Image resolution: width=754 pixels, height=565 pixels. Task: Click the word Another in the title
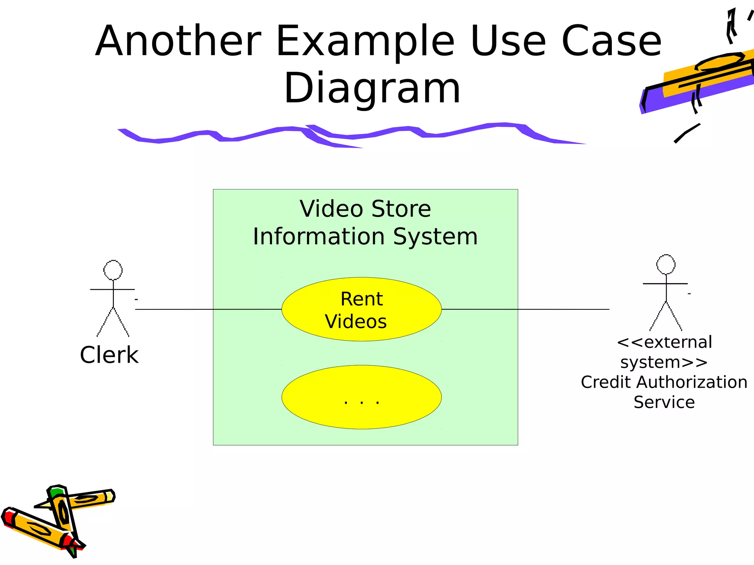178,41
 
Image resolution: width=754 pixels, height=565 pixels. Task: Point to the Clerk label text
109,355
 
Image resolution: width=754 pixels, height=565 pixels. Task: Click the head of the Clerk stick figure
113,270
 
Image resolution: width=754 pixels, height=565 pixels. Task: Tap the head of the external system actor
666,264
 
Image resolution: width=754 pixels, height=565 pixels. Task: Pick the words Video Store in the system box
365,209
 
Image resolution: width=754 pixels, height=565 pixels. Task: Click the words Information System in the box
365,237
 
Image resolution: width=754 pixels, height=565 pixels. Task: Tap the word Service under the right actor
664,402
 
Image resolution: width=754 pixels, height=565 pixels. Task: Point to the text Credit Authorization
664,383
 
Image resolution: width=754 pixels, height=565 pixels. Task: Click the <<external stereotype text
664,342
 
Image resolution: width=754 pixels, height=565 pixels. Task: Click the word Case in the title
611,41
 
